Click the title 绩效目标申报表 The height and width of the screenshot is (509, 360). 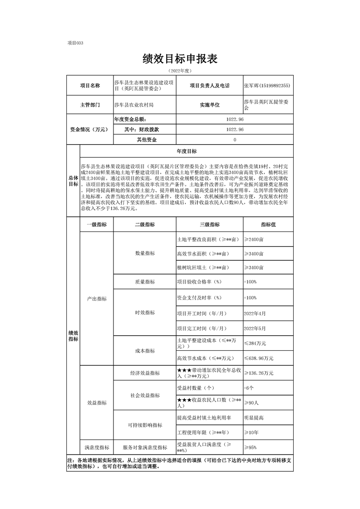(180, 59)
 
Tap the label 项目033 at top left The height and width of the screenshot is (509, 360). (75, 43)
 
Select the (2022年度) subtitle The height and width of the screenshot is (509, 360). (180, 71)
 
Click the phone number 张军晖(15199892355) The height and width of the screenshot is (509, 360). (267, 85)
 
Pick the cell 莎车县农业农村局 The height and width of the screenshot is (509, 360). (134, 105)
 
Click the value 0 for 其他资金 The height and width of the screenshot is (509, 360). (235, 140)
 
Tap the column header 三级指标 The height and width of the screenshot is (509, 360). (209, 225)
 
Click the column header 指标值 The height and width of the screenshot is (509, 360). (268, 225)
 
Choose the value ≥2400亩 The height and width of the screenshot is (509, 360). (254, 239)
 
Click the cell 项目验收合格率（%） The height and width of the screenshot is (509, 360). (198, 282)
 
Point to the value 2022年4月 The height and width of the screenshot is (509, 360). (255, 313)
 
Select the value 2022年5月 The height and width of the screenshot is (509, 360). (255, 328)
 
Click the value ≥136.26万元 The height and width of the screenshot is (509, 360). (259, 373)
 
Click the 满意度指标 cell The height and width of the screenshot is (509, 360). (97, 447)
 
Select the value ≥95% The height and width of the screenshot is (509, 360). (253, 447)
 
